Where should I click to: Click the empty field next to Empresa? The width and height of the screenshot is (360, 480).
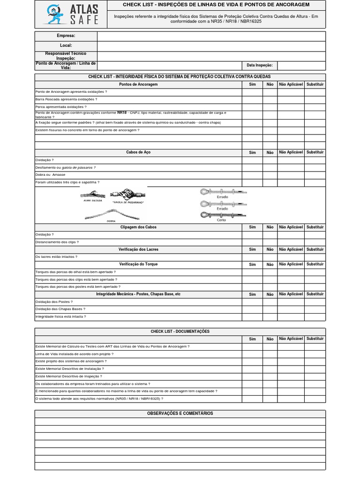(211, 36)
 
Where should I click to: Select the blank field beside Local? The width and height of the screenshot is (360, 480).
(211, 46)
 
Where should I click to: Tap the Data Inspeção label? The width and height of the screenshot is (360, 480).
(259, 66)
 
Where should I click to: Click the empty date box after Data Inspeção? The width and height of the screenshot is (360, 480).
(301, 66)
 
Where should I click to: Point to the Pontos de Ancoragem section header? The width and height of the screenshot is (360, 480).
(138, 84)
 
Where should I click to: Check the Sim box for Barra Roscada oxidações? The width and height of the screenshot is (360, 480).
(252, 100)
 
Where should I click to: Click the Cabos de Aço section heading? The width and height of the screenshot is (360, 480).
(138, 152)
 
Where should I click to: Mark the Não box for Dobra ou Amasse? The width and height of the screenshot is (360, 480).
(270, 175)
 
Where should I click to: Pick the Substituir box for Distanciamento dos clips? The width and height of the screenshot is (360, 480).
(315, 242)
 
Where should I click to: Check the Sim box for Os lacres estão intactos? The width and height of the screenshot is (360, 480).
(252, 257)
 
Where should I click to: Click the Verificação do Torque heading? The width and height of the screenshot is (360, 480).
(138, 264)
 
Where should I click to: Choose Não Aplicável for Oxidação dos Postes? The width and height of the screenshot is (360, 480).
(291, 302)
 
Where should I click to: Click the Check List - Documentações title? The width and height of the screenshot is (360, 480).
(180, 331)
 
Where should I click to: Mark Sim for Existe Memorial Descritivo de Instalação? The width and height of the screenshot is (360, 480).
(252, 369)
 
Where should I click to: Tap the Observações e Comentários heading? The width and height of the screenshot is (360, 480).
(180, 413)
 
